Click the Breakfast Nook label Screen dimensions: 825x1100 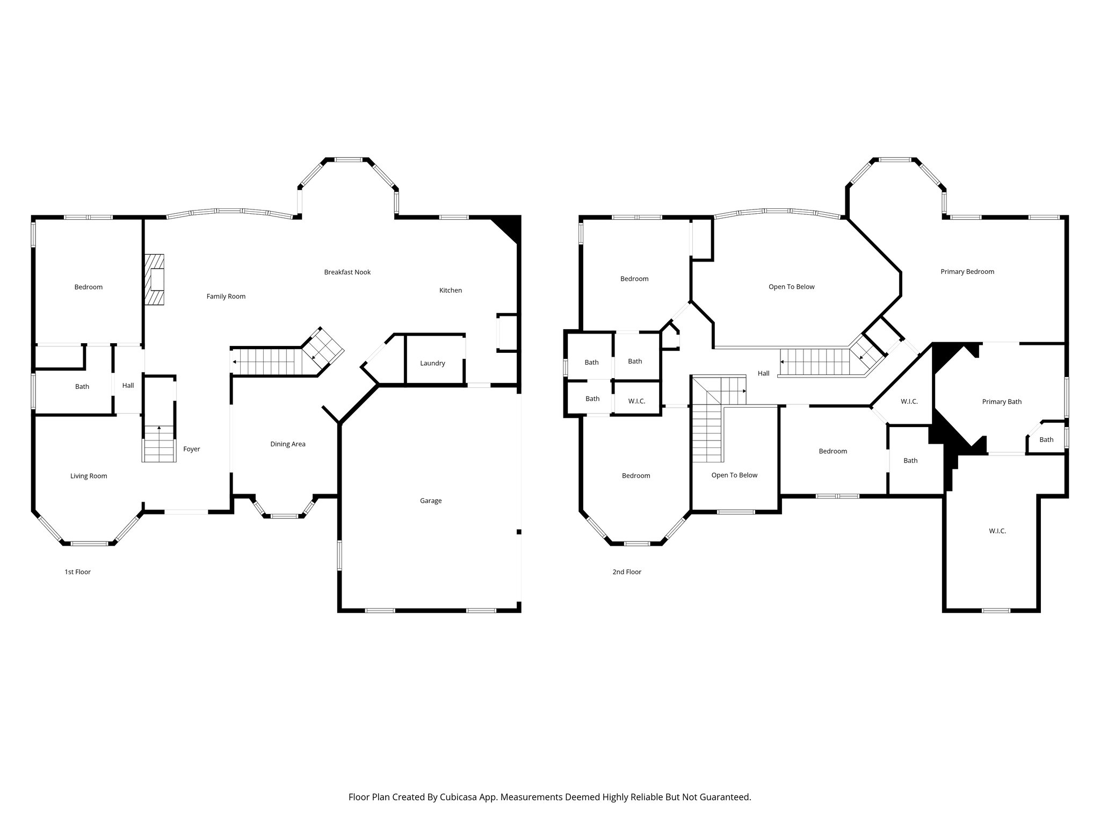pos(347,272)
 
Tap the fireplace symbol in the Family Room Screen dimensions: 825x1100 pos(154,280)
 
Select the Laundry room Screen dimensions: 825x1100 pos(432,363)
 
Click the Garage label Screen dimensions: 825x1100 pos(430,501)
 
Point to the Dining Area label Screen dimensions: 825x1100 pos(287,444)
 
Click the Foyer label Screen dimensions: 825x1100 pos(191,449)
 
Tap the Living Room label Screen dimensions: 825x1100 pos(89,476)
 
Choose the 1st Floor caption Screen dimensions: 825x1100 pos(77,572)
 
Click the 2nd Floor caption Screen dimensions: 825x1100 pos(627,572)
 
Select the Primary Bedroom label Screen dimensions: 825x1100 pos(967,272)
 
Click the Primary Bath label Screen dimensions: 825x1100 pos(1001,402)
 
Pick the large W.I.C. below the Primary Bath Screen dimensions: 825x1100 pos(997,531)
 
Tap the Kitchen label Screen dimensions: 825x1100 pos(450,291)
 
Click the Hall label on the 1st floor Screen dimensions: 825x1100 pos(128,386)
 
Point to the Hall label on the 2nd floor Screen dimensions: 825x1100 pos(763,373)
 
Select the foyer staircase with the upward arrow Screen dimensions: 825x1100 pos(159,443)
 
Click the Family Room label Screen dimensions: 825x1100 pos(226,296)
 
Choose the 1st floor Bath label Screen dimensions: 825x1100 pos(82,387)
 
